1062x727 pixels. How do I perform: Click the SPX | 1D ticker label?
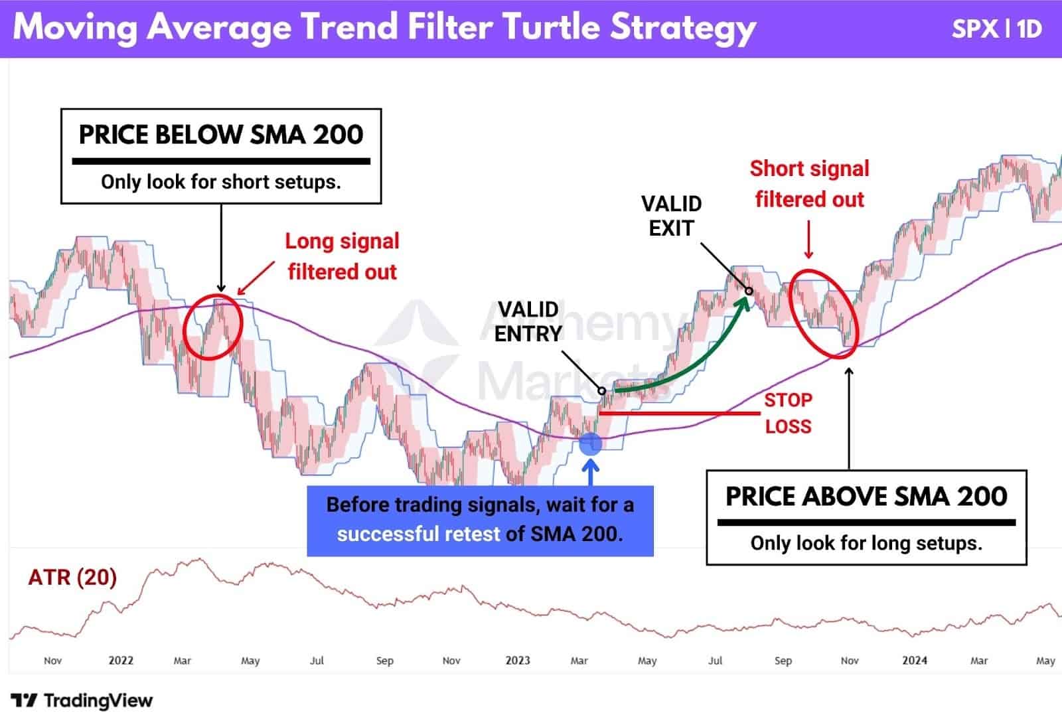(996, 29)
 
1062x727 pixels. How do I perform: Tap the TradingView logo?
(82, 700)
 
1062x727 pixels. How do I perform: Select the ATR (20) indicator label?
(72, 577)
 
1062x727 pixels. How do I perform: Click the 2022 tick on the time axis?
(121, 661)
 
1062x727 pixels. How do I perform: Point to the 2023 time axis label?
(518, 661)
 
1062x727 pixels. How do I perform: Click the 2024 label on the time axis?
(915, 661)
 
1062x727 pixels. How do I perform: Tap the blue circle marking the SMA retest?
(590, 444)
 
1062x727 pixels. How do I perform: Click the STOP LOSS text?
(788, 413)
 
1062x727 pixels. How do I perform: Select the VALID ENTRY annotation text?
(528, 321)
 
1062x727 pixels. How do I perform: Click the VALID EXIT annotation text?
(671, 216)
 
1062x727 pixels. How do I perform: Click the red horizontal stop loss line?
(677, 414)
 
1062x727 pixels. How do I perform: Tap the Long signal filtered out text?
(342, 256)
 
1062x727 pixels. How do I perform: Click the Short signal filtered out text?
(809, 184)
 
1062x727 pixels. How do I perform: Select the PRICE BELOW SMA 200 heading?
(221, 135)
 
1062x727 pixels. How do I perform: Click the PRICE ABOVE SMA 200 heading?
(866, 497)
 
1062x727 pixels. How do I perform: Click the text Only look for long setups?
(866, 543)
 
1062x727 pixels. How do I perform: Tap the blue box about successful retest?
(480, 520)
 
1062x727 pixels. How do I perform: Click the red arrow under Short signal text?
(808, 240)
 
